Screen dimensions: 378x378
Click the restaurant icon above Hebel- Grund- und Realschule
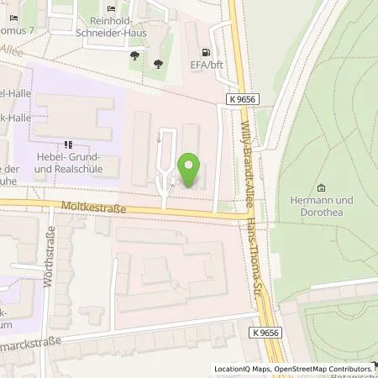point(68,144)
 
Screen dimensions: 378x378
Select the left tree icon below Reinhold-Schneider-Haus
point(134,56)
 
